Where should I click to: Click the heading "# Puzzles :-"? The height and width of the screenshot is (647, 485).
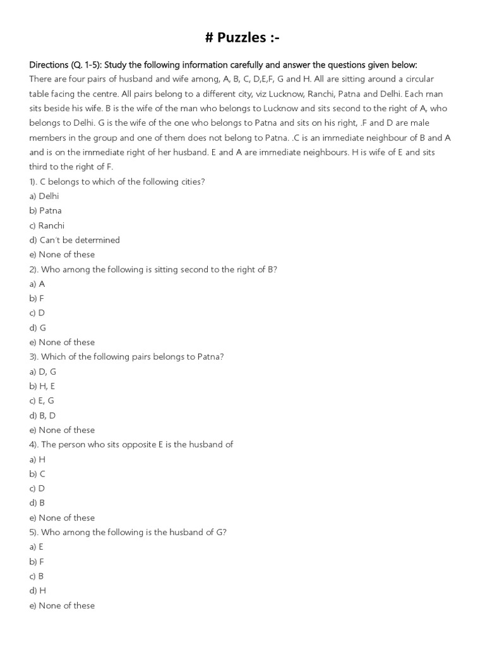point(242,39)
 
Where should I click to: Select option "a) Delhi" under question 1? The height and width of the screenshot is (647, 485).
point(44,196)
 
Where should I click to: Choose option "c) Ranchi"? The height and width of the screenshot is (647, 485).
point(47,226)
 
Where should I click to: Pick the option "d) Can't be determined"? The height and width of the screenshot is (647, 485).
point(75,240)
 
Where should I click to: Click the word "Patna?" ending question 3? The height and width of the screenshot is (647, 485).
point(210,357)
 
